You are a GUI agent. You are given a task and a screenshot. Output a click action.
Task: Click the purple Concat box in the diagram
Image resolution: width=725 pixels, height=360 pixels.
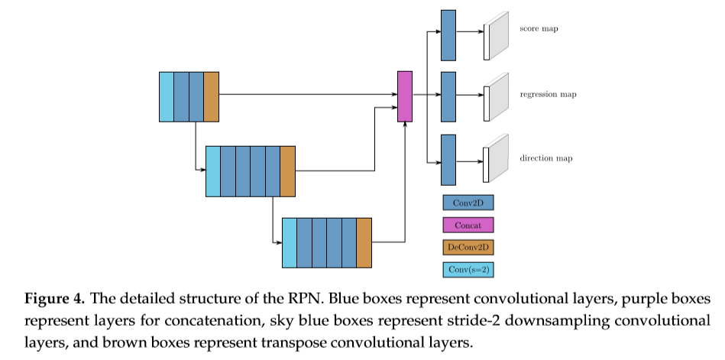(x=405, y=96)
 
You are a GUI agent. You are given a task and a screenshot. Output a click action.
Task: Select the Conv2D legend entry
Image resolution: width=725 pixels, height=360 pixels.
(x=468, y=203)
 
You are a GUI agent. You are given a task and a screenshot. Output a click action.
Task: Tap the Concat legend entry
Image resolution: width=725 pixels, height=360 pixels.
(x=468, y=225)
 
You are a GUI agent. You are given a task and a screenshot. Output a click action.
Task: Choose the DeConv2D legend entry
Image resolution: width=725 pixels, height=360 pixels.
(x=468, y=247)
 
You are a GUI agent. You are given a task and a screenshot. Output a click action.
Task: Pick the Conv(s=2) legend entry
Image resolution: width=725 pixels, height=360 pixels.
(x=468, y=269)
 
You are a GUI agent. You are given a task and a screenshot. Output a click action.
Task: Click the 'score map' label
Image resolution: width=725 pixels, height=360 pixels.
(x=539, y=29)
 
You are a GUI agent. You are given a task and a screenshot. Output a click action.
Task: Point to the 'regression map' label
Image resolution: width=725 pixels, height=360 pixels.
(x=548, y=95)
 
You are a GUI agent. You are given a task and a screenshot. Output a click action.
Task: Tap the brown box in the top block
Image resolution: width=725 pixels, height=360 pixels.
(x=212, y=96)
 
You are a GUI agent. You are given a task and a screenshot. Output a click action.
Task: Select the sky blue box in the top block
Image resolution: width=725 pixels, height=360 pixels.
(x=167, y=96)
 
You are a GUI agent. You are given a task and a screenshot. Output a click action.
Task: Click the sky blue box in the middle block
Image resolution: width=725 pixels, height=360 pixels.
(x=213, y=171)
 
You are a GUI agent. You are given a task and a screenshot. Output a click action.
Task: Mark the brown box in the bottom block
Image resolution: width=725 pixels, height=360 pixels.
(x=364, y=242)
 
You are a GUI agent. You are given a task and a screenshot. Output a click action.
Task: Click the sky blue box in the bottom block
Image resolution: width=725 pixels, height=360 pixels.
(x=290, y=242)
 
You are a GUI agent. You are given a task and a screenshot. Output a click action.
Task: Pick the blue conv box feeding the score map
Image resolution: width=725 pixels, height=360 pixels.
(x=448, y=34)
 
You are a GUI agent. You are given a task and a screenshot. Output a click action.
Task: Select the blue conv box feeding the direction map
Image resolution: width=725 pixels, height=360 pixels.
(x=448, y=160)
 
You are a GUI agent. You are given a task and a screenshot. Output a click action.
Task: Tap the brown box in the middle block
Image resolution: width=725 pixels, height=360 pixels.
(x=288, y=171)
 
